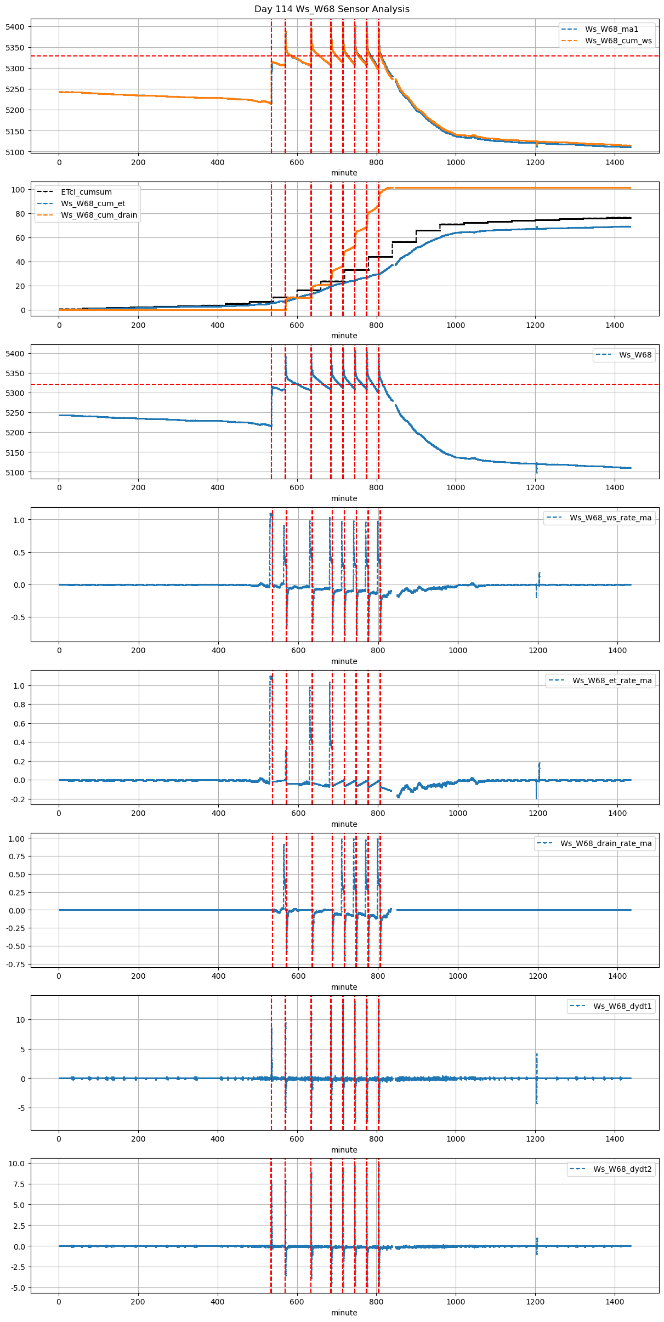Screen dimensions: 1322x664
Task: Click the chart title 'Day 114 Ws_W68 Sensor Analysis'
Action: coord(332,9)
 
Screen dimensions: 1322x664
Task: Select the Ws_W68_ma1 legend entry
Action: coord(611,29)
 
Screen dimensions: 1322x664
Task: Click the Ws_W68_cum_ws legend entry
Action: coord(618,41)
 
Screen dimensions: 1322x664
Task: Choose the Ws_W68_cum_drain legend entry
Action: coord(99,215)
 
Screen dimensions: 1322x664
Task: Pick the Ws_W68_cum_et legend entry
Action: coord(93,203)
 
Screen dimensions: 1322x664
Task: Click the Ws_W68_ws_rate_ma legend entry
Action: coord(610,518)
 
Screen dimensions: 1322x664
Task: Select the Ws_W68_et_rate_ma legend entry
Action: coord(612,680)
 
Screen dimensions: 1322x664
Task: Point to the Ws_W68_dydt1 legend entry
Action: coord(622,1006)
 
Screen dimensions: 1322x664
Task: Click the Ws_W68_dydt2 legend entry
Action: coord(622,1169)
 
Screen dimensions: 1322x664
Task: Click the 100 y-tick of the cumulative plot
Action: coord(19,190)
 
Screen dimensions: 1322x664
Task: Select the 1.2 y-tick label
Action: coord(20,686)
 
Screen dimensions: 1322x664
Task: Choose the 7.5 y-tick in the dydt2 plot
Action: coord(19,1184)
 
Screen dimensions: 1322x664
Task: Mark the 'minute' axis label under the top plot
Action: coord(344,173)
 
